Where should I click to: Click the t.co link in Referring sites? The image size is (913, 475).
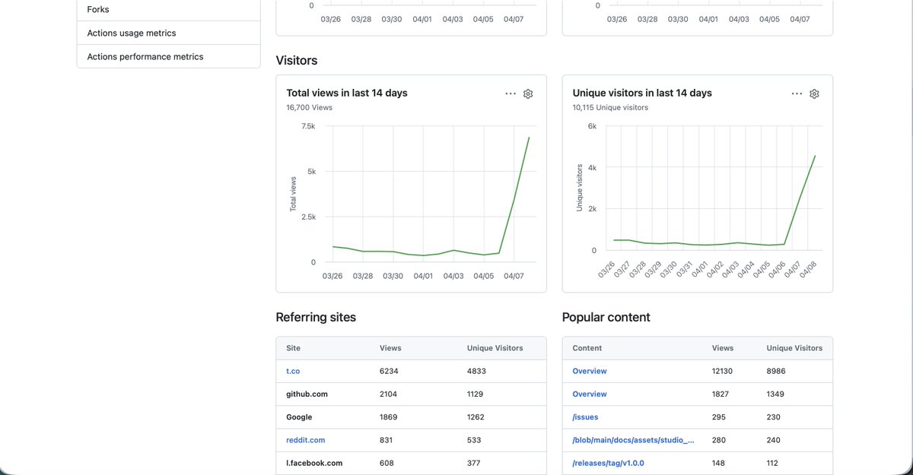coord(293,371)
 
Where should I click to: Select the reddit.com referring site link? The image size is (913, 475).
coord(305,440)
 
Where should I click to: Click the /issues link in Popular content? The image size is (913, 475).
coord(585,417)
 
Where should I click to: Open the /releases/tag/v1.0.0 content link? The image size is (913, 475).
coord(608,463)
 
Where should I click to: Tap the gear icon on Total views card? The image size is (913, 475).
coord(528,93)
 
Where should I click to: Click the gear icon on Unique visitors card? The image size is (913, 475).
coord(814,93)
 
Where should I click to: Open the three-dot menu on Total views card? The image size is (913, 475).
coord(511,93)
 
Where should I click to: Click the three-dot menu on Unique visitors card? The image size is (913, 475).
coord(797,93)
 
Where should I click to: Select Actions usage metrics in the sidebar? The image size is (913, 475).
coord(132,33)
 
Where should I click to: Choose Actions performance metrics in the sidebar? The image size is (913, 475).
coord(145,56)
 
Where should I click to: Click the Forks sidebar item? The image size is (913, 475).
coord(98,9)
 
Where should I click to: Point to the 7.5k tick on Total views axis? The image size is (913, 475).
coord(308,126)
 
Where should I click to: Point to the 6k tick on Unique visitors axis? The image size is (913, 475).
coord(592,126)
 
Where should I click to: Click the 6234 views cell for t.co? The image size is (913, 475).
coord(389,371)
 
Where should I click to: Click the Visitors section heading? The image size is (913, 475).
coord(297,60)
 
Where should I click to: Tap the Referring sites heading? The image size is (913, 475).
coord(316,317)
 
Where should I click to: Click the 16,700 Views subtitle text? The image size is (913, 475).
coord(309,107)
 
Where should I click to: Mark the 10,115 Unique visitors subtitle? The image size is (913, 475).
coord(610,107)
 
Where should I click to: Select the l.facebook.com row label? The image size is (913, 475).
coord(314,463)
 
